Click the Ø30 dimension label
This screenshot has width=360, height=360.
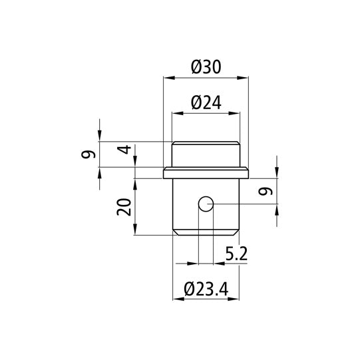[x=206, y=67]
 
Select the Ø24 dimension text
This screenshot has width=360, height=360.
[x=206, y=102]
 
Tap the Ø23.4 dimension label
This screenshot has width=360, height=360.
[x=206, y=289]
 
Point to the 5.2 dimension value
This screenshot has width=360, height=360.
[x=238, y=254]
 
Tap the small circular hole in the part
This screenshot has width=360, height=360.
[x=206, y=204]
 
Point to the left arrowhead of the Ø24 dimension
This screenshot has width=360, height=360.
[x=176, y=113]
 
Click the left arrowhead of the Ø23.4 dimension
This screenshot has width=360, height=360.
[x=176, y=299]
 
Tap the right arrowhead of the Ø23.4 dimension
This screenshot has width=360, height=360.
[x=236, y=299]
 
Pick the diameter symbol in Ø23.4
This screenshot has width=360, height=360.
[x=188, y=289]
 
